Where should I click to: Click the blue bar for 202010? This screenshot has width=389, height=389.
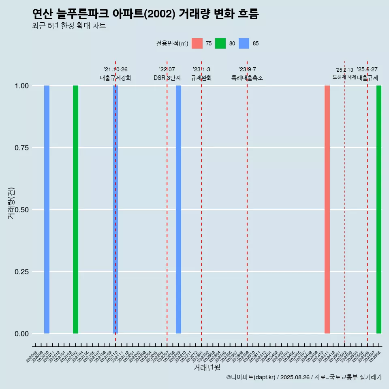pos(47,209)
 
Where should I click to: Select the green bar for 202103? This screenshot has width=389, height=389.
pos(75,209)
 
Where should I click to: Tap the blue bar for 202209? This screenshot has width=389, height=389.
pos(178,209)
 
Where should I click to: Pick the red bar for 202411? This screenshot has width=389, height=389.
pos(327,209)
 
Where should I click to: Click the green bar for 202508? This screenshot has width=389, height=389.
pos(379,209)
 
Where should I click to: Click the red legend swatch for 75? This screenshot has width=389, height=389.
pos(197,43)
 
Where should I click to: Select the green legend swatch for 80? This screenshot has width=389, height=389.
pos(220,43)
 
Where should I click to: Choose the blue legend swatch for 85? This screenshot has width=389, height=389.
pos(244,43)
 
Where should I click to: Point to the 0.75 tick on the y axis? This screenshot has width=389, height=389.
pos(21,148)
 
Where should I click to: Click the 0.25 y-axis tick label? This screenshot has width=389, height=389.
pos(21,272)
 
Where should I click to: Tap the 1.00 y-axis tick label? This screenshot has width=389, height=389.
pos(21,86)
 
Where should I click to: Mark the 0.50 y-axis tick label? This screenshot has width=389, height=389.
pos(21,210)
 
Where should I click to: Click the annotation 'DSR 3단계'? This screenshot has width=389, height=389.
pos(167,78)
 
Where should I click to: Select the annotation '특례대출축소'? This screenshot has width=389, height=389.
pos(247,78)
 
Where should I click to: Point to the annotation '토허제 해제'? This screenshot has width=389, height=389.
pos(344,77)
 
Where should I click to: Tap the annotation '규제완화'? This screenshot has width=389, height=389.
pos(201,78)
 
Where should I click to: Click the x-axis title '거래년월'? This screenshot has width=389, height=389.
pos(207,368)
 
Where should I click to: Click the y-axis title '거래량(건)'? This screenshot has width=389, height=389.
pos(11,203)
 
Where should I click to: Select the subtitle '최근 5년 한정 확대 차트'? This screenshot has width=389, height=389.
pos(69,26)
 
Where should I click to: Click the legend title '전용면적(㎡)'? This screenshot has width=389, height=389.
pos(172,43)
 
